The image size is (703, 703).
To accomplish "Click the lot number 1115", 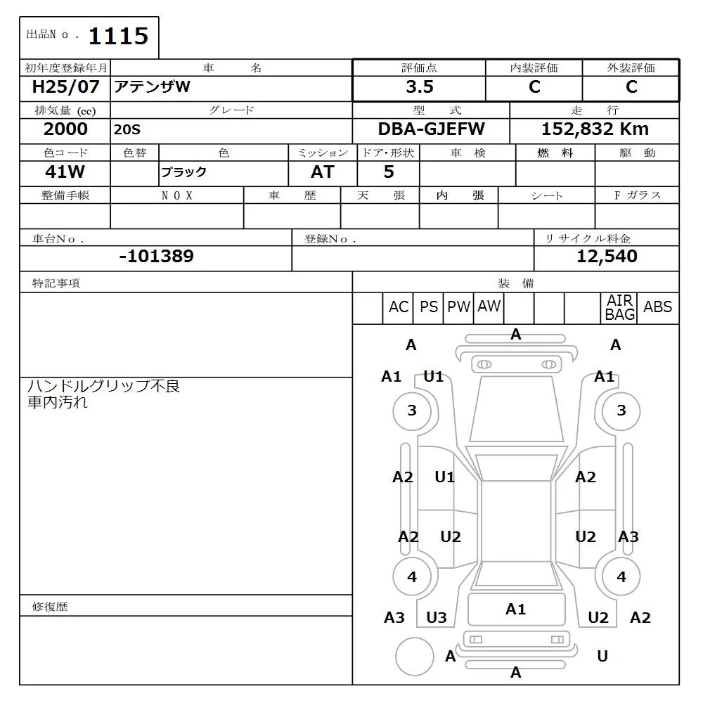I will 117,36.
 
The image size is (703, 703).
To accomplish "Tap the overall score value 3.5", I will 420,87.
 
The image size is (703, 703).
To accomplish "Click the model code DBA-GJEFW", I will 432,129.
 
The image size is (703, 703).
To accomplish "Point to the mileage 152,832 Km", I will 595,129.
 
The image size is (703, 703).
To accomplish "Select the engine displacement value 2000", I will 65,129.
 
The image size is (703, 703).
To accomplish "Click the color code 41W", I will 65,172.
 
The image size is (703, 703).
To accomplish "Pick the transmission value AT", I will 323,172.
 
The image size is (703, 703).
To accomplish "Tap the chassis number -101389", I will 156,257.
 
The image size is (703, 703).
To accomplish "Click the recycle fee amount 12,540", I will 607,257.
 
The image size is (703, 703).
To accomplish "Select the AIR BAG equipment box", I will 620,308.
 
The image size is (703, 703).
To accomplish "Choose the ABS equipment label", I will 658,307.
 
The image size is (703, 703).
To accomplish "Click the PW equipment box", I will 459,307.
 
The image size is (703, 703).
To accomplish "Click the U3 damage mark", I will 437,618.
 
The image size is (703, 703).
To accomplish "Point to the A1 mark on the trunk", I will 516,610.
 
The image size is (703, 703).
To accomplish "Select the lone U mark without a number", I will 602,657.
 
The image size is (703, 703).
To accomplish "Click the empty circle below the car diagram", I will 414,657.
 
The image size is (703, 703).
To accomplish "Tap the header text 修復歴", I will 50,607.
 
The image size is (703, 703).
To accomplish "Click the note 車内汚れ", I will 58,403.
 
